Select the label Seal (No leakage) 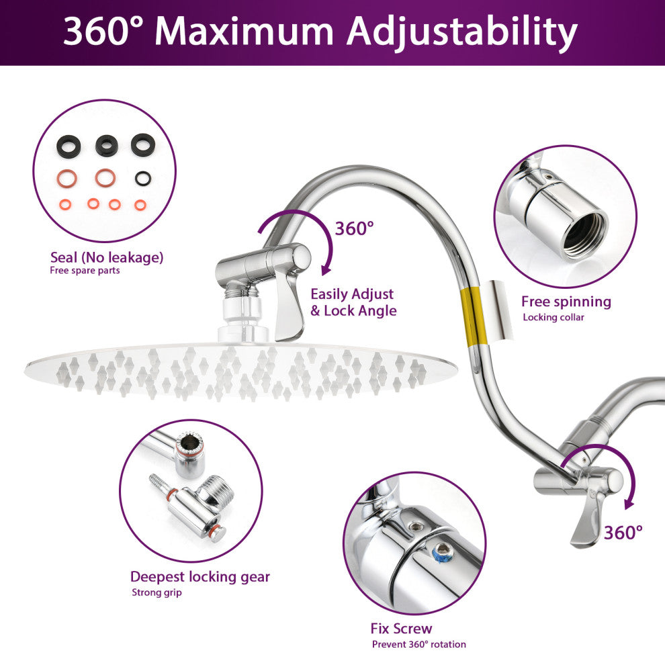[106, 257]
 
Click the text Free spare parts [85, 271]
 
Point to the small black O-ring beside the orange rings [143, 178]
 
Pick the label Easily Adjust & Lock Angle [353, 302]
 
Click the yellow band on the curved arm [475, 316]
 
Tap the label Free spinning [566, 302]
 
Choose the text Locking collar [553, 317]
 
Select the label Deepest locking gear [200, 577]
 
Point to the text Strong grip [157, 592]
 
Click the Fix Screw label [401, 628]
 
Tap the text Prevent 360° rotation [419, 644]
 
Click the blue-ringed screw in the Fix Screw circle [443, 551]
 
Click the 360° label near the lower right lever [623, 533]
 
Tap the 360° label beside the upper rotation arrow [355, 228]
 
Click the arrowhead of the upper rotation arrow [325, 270]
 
